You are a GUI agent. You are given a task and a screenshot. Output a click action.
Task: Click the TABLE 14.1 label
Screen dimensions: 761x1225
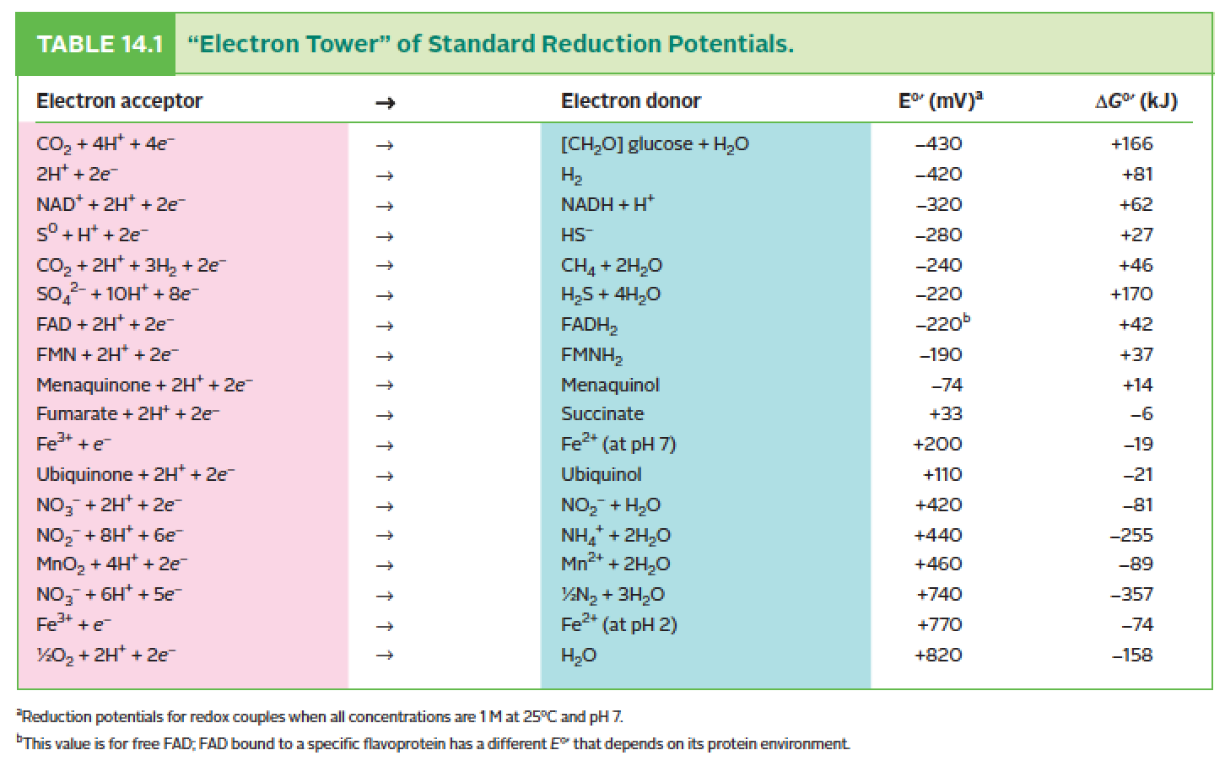(100, 44)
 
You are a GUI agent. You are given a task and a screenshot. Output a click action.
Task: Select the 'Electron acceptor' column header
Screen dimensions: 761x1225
(119, 101)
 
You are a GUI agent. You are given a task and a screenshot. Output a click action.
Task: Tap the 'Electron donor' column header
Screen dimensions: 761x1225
(630, 101)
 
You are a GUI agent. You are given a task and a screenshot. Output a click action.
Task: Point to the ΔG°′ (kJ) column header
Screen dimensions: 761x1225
(1135, 101)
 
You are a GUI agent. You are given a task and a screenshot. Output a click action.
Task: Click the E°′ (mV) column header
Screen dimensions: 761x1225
(940, 101)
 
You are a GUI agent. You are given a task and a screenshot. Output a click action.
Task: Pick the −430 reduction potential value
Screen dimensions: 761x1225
(938, 144)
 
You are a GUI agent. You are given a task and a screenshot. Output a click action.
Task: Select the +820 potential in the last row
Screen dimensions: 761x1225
(938, 656)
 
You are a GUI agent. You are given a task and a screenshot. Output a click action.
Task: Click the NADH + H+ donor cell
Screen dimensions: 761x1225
(607, 205)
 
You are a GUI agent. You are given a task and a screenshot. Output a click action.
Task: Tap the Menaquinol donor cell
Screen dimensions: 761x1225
(610, 386)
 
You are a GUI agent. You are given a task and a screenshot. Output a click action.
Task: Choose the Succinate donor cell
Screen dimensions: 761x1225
(602, 414)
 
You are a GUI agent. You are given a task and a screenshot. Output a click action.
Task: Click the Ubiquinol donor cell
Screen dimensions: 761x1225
(601, 475)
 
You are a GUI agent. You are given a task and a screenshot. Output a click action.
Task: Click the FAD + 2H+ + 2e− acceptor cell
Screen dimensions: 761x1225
(105, 325)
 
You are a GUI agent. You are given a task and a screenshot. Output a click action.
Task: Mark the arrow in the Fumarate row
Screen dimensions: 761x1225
(385, 415)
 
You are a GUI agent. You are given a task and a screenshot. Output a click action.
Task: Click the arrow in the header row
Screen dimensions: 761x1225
(385, 102)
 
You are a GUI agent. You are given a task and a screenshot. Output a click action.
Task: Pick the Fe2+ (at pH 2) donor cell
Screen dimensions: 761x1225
(619, 625)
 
